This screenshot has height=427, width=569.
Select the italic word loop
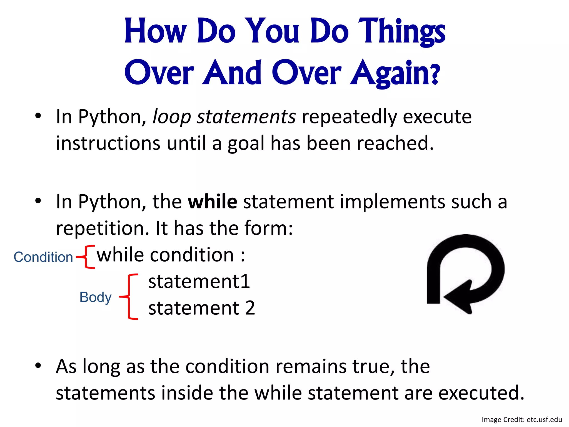[172, 117]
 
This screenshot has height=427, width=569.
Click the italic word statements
[246, 117]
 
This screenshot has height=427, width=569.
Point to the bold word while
[213, 202]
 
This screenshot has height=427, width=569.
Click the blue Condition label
[43, 257]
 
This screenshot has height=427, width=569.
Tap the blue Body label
[95, 297]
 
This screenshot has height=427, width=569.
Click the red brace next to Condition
[87, 257]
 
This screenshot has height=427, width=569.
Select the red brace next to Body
[130, 297]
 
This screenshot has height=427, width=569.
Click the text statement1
[199, 282]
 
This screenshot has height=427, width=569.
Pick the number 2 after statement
[250, 308]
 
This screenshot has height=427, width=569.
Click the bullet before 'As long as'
[38, 366]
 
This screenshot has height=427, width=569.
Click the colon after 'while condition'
[243, 256]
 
